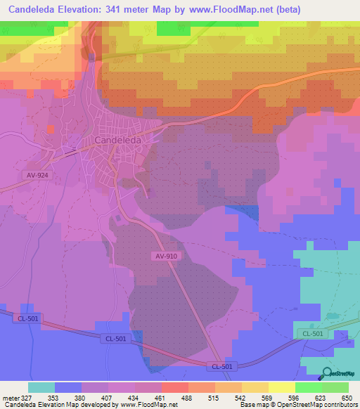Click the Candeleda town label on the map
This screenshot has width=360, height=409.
pos(117,140)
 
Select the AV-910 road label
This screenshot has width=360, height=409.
pos(167,257)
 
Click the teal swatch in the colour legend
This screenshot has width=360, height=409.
pos(41,387)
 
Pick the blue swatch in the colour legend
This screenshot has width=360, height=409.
pos(68,387)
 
